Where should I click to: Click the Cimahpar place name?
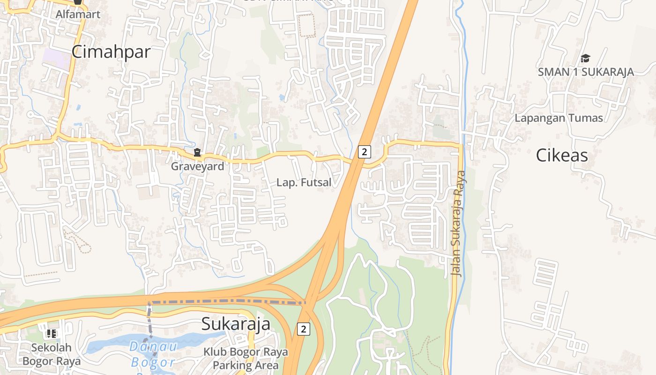point(111,52)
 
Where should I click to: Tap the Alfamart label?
point(78,14)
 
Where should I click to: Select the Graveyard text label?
point(197,166)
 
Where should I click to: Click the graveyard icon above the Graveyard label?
point(197,152)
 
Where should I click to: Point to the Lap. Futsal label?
point(304,182)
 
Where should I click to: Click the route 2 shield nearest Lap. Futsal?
point(364,151)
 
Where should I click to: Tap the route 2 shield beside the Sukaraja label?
point(303,329)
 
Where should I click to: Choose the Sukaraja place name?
point(236,324)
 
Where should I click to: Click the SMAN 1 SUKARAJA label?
point(586,72)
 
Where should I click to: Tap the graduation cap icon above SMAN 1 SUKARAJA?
point(585,59)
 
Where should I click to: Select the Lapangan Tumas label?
point(559,118)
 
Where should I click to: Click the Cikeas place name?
point(562,155)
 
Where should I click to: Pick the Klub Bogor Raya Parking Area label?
point(246,359)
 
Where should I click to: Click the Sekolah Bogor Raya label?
point(52,354)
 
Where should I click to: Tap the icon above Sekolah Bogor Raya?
point(52,334)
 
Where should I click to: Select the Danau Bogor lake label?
point(153,354)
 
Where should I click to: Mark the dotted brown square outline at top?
point(307,25)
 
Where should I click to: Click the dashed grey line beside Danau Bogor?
point(150,323)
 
